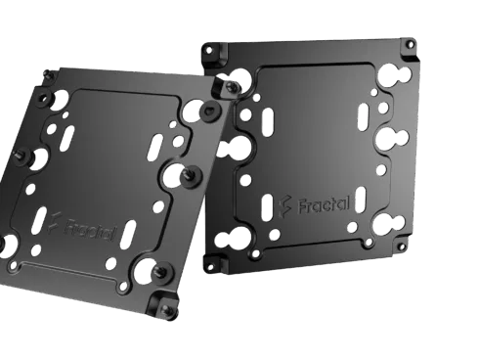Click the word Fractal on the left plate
(92, 233)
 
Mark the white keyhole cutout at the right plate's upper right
(395, 72)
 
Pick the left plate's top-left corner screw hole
(47, 73)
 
